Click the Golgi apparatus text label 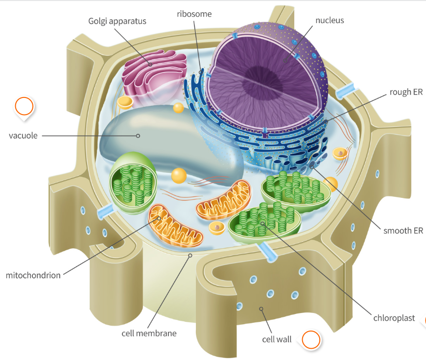coord(118,21)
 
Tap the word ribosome coord(194,14)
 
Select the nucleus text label coord(330,20)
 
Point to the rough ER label coord(406,92)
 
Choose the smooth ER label coord(403,231)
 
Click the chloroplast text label coord(394,318)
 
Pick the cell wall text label coord(277,339)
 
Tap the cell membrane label coord(149,333)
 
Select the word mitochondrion coord(33,275)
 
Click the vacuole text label coord(23,136)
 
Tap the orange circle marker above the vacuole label coord(24,106)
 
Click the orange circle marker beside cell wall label coord(311,339)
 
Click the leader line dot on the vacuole coord(138,136)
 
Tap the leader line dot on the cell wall coord(261,309)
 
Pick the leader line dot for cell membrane coord(190,255)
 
